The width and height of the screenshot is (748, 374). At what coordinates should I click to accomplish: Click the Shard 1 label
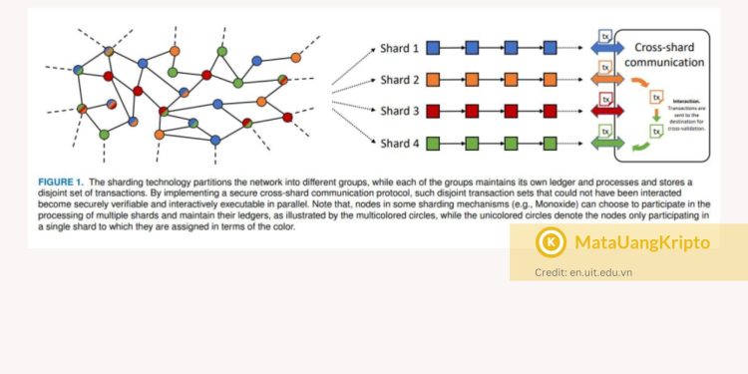399,47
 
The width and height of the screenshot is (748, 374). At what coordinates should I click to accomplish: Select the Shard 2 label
399,79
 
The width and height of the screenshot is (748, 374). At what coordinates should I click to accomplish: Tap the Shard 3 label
399,111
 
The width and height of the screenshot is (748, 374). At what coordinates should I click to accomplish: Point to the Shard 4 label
399,143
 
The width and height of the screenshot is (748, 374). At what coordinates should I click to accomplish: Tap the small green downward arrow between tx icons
655,118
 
